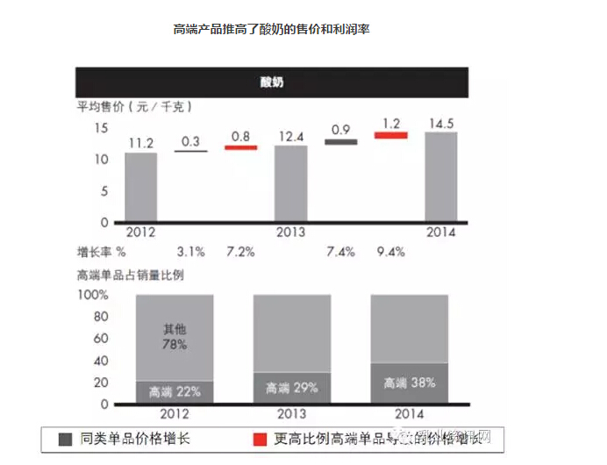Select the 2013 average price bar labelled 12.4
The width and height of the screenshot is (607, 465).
(291, 183)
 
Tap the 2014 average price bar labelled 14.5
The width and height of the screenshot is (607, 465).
(441, 176)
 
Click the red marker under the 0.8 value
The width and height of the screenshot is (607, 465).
(241, 147)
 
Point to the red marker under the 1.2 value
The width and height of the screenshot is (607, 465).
(391, 135)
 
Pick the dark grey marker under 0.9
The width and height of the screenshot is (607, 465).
(341, 141)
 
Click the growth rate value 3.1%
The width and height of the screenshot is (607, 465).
(190, 252)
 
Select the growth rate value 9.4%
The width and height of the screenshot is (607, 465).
(390, 252)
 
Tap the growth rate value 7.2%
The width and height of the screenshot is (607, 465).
(240, 252)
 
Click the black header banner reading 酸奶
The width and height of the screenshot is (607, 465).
(272, 83)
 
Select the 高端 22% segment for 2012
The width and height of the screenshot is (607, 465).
(174, 392)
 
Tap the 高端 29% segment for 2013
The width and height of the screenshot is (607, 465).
(292, 388)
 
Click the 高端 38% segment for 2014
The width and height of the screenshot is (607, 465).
(410, 383)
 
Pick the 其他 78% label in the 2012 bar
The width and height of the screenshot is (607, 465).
(175, 337)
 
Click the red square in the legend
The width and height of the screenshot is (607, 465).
(259, 439)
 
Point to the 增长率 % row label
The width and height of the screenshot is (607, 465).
(104, 252)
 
